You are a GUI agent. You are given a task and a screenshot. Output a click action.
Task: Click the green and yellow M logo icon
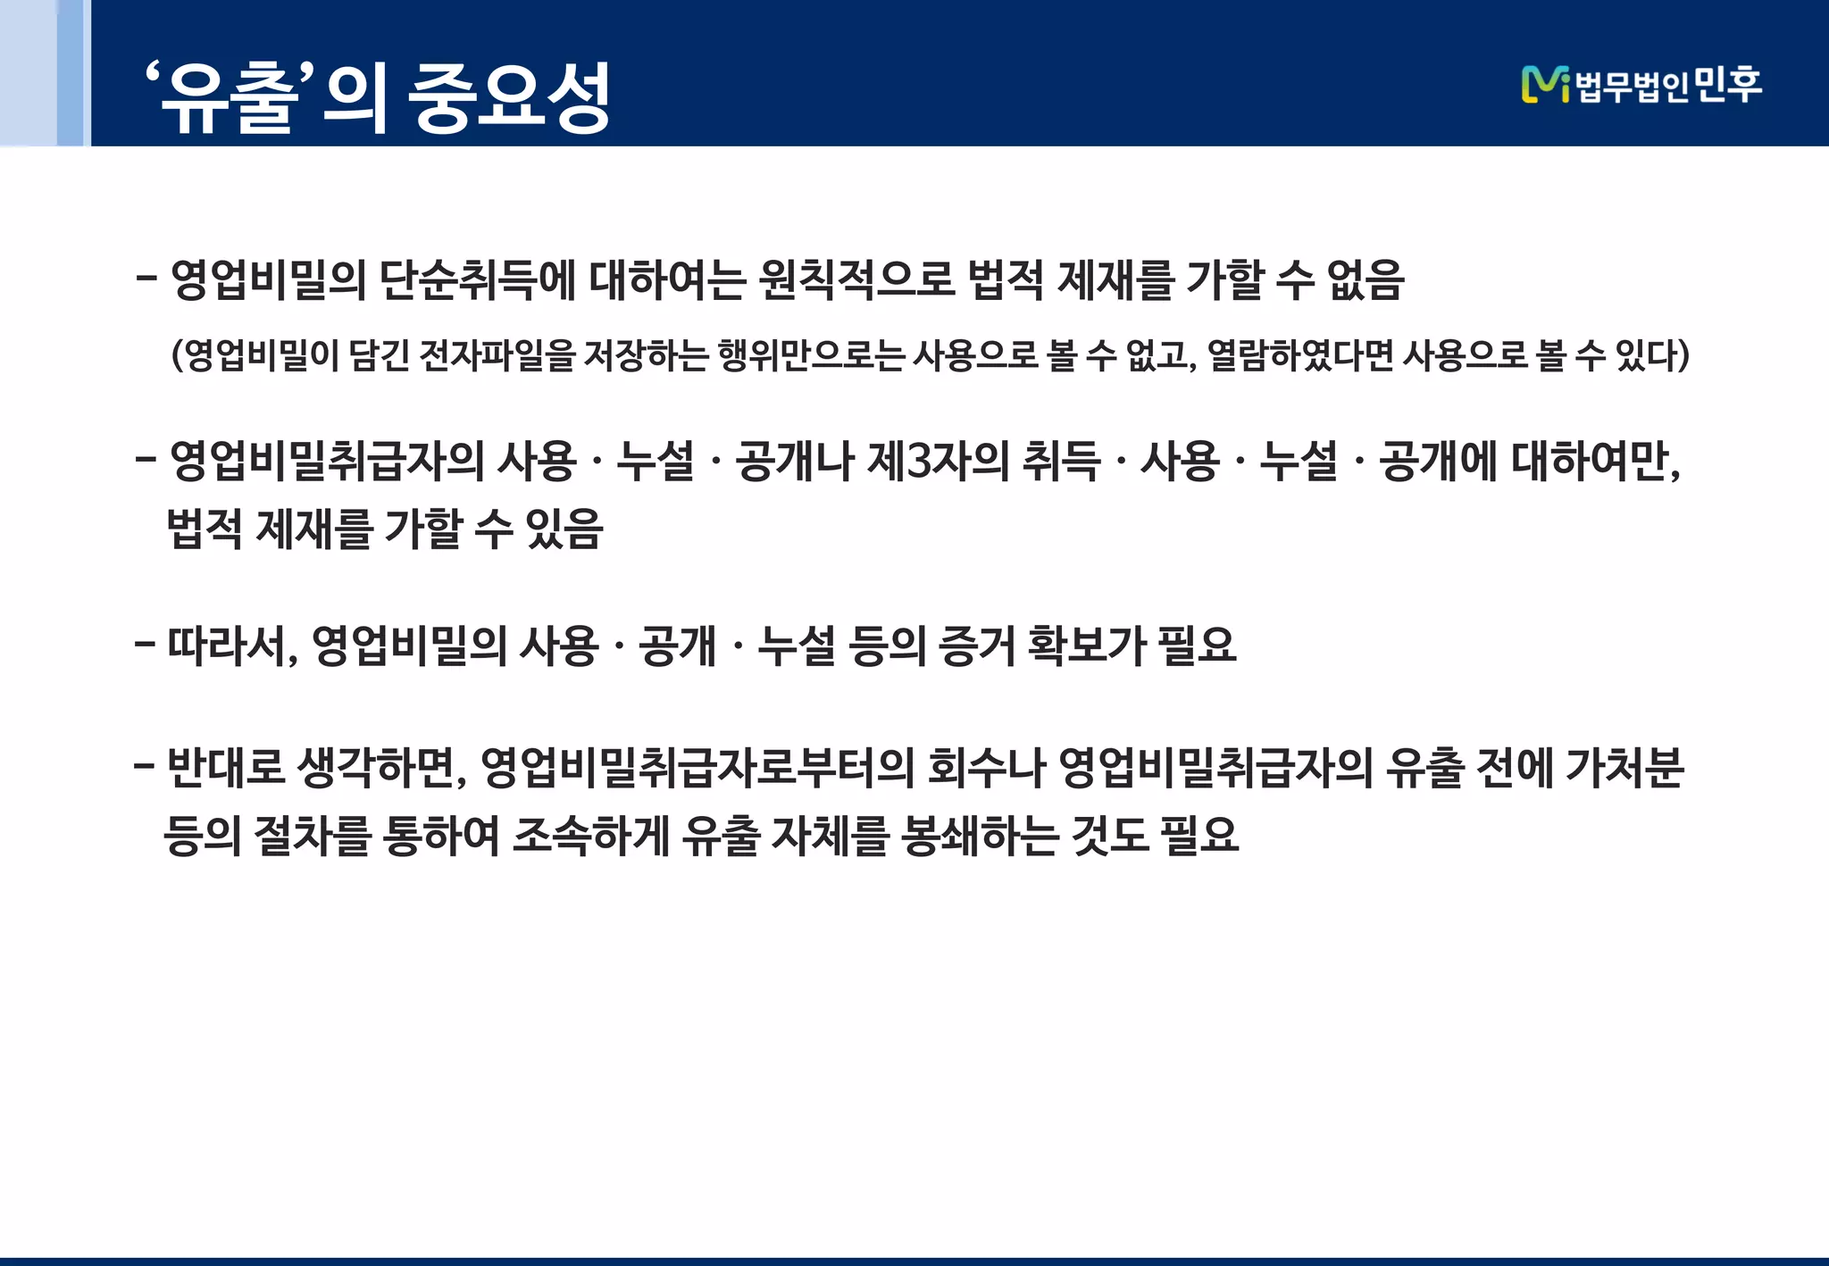[x=1544, y=84]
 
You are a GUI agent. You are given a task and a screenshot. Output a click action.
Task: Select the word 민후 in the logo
[x=1727, y=84]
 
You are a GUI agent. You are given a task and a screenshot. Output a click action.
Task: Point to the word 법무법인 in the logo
[x=1631, y=87]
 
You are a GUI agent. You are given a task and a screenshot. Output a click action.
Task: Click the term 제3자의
[x=938, y=462]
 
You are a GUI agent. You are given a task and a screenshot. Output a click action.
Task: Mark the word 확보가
[x=1086, y=645]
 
